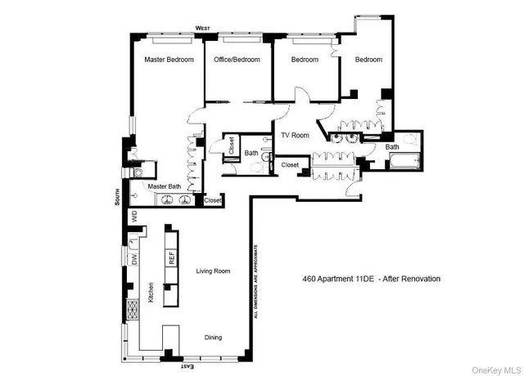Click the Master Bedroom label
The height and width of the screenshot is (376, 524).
(x=169, y=60)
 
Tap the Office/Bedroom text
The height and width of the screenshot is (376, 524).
(x=237, y=60)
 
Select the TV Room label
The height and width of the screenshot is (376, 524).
(x=296, y=136)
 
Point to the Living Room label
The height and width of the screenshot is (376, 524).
(x=212, y=271)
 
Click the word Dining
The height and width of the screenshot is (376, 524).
(x=213, y=338)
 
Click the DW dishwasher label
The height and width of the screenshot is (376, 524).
(x=134, y=259)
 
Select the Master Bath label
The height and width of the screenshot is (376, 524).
(x=165, y=186)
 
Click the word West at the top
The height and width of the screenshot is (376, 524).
(x=203, y=29)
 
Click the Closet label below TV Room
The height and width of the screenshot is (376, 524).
(x=291, y=165)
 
